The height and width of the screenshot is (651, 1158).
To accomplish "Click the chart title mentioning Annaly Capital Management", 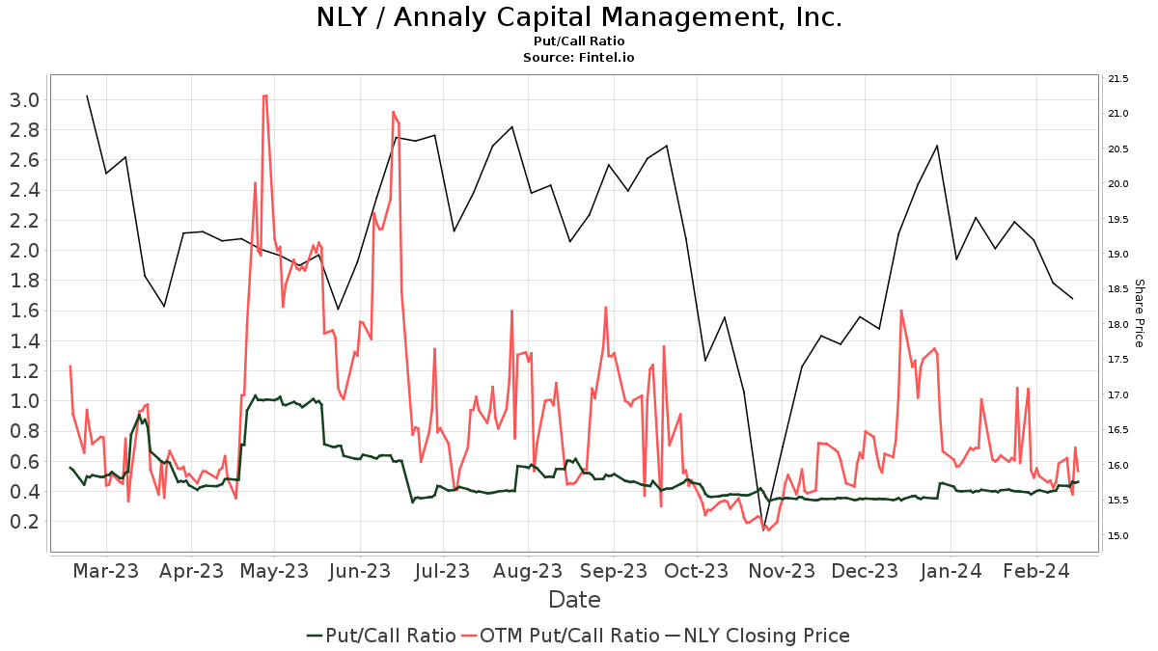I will [579, 17].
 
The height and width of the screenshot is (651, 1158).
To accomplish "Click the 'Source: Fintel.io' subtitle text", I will [579, 57].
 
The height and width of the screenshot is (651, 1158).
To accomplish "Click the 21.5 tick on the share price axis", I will [1119, 78].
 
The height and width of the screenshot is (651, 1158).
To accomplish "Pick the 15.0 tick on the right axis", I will [1119, 535].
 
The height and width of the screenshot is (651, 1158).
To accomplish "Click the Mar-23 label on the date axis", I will [106, 571].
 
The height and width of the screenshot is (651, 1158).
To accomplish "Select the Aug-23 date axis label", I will [528, 571].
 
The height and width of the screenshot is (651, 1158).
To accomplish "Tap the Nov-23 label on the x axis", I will [782, 571].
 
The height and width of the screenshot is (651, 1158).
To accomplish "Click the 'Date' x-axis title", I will [574, 600].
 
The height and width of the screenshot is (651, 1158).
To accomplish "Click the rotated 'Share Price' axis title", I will [1139, 313].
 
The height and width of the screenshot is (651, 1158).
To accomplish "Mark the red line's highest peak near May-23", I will [264, 95].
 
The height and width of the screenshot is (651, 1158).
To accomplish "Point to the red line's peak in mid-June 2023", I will [394, 113].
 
